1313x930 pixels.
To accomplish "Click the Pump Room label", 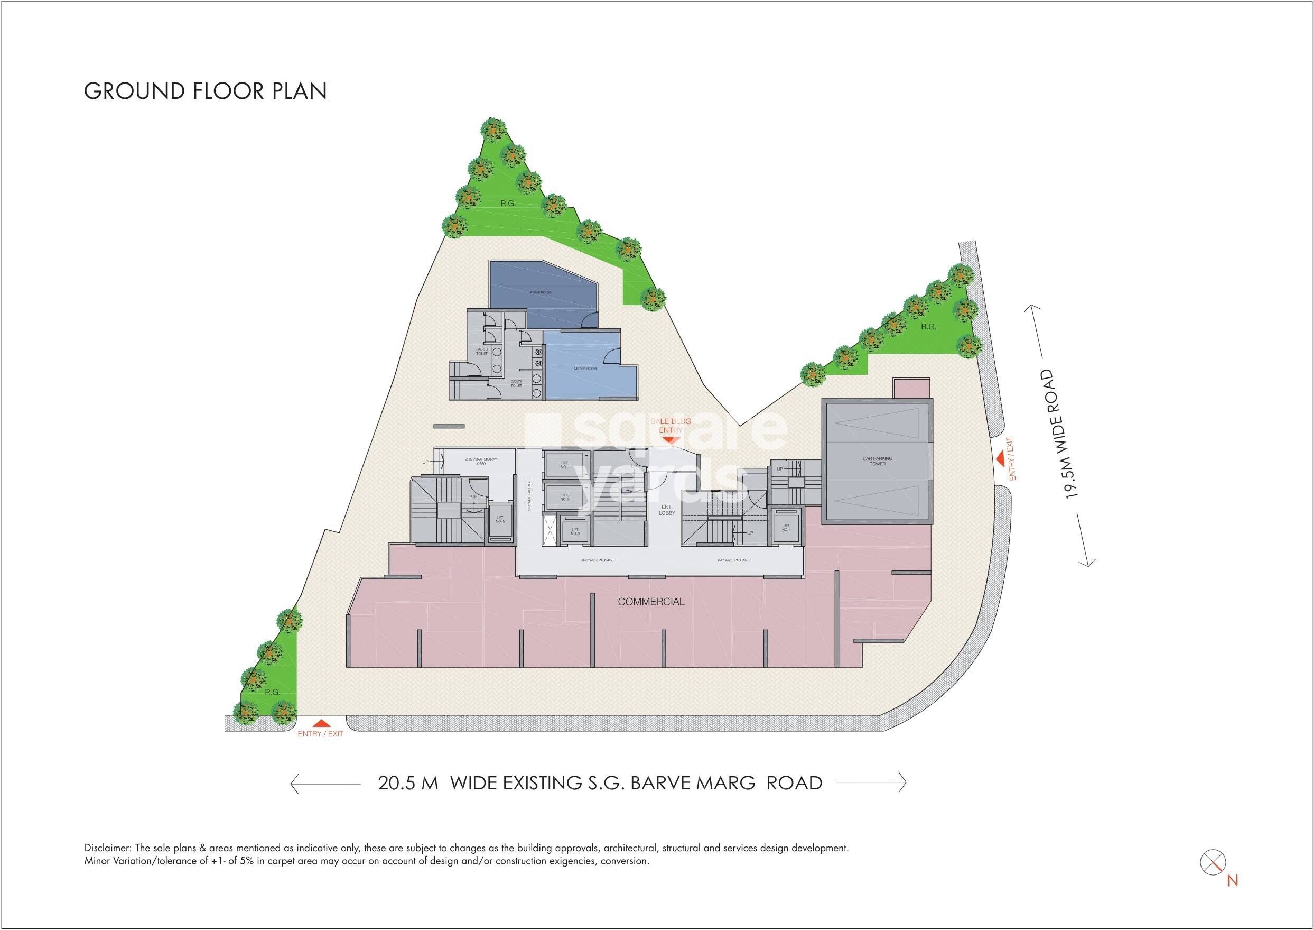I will tap(541, 292).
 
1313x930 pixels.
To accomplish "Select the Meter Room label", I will tap(585, 368).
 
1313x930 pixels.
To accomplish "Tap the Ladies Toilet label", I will tap(482, 351).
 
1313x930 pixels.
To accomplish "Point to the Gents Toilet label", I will tap(516, 384).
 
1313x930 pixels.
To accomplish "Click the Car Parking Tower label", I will tap(878, 461).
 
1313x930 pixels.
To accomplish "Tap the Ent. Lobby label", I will tap(667, 510).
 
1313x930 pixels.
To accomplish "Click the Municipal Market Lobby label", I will tap(481, 461).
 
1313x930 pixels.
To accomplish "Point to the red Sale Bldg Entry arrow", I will tap(670, 439).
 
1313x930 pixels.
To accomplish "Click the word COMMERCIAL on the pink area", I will tap(651, 602).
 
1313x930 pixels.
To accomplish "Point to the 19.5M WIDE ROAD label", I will tap(1059, 434).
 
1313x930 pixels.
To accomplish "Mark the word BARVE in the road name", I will tap(662, 783).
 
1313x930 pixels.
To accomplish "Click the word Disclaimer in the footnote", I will tap(107, 849).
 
